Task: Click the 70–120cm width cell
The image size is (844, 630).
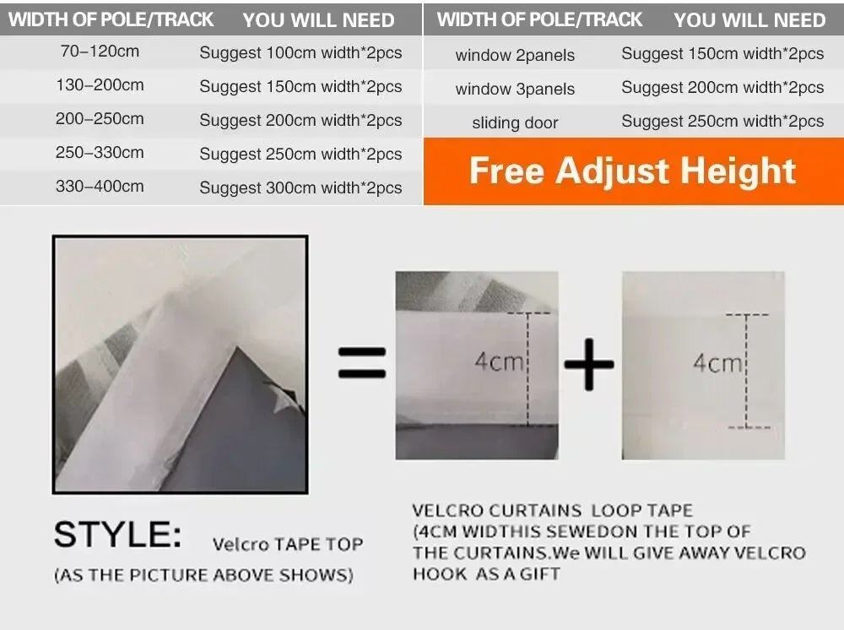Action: click(100, 52)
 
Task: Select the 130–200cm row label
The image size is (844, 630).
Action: click(100, 85)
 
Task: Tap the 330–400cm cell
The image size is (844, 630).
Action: click(100, 187)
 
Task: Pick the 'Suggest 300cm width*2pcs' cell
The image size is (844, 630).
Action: click(300, 187)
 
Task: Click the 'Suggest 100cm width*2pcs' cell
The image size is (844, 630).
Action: click(300, 52)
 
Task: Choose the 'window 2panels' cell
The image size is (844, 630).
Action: click(515, 55)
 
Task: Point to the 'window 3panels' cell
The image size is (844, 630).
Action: click(515, 89)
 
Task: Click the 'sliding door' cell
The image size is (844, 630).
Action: click(515, 122)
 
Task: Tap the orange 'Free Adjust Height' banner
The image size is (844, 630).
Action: click(634, 171)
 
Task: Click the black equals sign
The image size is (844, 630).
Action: click(362, 362)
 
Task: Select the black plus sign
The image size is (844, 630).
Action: click(589, 364)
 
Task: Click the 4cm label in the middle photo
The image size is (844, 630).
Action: click(499, 361)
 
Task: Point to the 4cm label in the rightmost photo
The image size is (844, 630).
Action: click(717, 363)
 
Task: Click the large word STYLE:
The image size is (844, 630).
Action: click(118, 535)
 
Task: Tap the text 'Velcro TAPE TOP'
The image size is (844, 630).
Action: click(288, 545)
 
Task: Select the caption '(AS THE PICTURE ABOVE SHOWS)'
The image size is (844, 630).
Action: click(203, 575)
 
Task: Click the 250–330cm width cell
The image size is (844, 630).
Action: click(100, 152)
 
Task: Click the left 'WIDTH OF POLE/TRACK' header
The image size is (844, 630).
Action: click(111, 20)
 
